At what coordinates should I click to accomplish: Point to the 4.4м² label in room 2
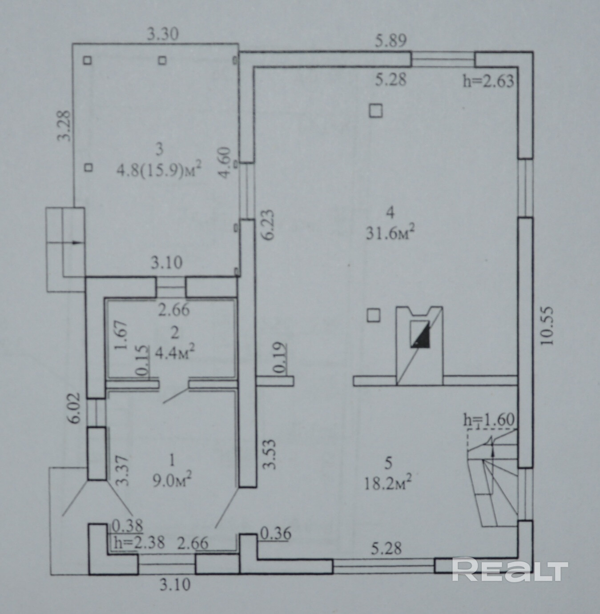pos(174,353)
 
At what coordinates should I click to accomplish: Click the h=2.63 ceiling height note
pos(488,81)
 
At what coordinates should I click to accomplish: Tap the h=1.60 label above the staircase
pos(489,420)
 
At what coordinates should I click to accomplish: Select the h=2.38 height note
pos(139,543)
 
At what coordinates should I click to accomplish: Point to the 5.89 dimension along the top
pos(391,41)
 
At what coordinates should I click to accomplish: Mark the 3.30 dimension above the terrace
pos(163,34)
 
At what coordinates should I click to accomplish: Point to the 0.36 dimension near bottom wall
pos(275,534)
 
